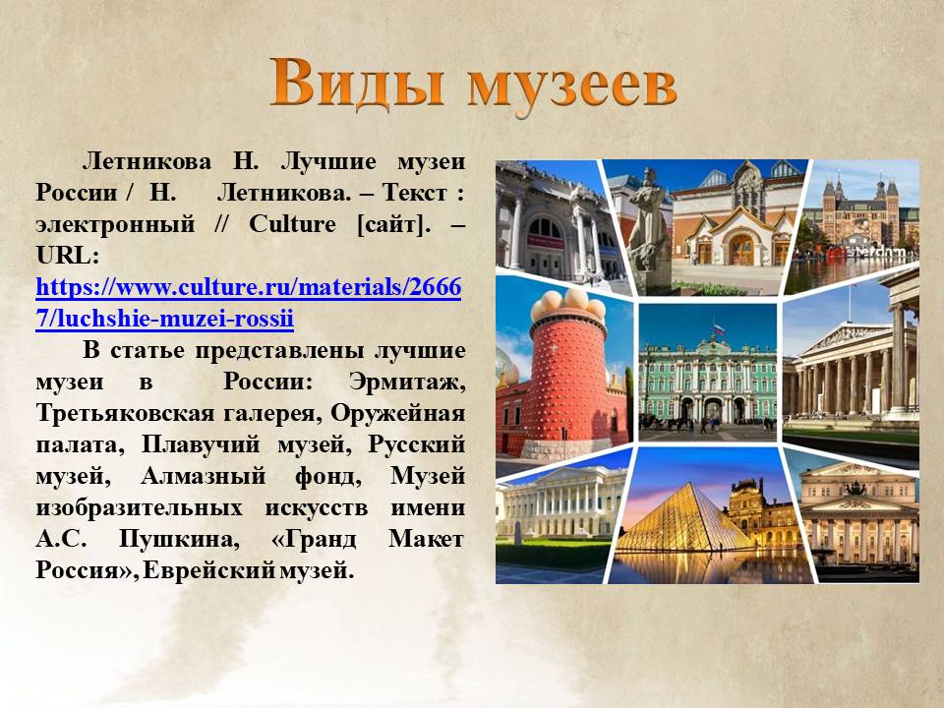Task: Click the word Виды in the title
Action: coord(356,83)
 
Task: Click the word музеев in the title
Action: coord(572,88)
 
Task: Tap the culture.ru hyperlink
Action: coord(249,302)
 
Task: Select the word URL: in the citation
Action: coord(68,256)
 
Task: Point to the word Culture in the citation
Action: coord(292,224)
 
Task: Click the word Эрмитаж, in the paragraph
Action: coord(407,383)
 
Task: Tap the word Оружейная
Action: coord(398,413)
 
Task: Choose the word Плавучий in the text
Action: coord(201,445)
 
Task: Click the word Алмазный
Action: coord(203,476)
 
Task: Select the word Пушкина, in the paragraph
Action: coord(179,539)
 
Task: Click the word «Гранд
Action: coord(315,539)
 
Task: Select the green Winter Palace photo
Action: coord(707,373)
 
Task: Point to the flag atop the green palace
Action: coord(717,329)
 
